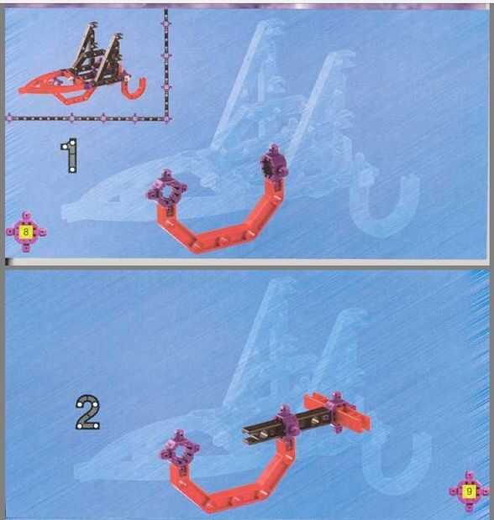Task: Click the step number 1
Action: pos(70,155)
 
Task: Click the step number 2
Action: pos(87,412)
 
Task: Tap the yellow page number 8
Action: pos(26,231)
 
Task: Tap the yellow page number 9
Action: pos(469,491)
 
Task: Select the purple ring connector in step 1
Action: pos(167,191)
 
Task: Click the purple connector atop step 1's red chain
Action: pos(274,165)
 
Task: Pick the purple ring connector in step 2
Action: pos(180,450)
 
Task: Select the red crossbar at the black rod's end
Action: pos(337,411)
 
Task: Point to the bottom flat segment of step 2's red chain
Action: pos(238,498)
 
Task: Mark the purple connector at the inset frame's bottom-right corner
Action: pos(167,118)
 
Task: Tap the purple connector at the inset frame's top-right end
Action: pos(166,23)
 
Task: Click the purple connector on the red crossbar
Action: pos(336,412)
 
